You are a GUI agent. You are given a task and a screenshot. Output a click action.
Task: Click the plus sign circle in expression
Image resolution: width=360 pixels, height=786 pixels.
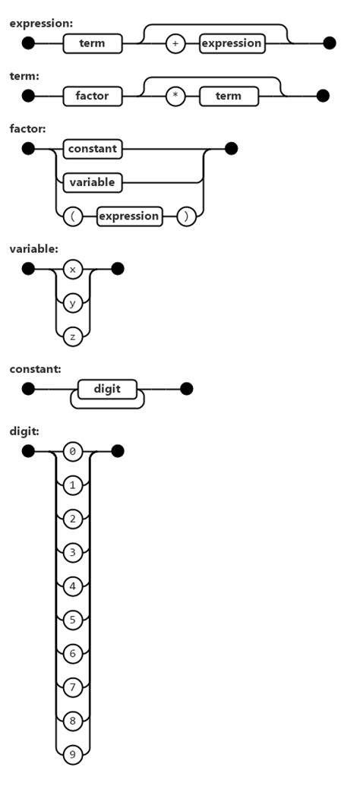click(175, 43)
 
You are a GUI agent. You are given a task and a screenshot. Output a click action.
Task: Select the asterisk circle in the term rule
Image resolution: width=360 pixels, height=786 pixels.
click(175, 96)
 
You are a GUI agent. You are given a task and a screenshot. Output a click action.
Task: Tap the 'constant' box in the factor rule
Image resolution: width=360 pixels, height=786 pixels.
click(93, 149)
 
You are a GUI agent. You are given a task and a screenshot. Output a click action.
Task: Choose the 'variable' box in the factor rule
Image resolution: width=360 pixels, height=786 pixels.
click(92, 182)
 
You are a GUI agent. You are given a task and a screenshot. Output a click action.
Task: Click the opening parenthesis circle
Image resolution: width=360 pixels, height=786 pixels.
click(73, 216)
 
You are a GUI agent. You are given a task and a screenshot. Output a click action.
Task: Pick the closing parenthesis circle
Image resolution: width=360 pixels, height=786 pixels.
click(186, 216)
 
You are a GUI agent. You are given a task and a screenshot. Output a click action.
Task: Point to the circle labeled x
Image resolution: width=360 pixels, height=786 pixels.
click(73, 269)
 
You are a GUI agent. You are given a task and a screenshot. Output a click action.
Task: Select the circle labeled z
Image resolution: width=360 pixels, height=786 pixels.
click(73, 336)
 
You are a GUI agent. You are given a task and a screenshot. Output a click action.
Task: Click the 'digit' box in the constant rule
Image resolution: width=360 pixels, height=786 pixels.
click(107, 390)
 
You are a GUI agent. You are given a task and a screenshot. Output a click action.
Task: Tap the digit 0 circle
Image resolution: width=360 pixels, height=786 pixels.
click(73, 452)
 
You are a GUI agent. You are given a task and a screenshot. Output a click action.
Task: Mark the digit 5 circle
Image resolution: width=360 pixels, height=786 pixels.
click(73, 620)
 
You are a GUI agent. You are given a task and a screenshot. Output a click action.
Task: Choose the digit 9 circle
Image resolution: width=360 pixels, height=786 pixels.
click(73, 754)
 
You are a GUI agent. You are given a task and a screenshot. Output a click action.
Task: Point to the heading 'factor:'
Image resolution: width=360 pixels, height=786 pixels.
click(27, 129)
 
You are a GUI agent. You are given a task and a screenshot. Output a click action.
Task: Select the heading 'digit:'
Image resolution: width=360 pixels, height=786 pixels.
click(24, 431)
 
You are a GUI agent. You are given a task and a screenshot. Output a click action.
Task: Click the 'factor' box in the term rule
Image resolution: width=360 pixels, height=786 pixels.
click(92, 96)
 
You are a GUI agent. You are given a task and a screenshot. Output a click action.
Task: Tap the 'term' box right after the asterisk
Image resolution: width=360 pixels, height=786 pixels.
click(229, 96)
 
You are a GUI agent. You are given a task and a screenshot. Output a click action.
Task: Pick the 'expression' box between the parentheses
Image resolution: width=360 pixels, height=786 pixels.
click(130, 216)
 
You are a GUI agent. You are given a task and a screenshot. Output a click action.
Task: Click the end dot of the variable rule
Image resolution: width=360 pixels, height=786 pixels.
click(117, 269)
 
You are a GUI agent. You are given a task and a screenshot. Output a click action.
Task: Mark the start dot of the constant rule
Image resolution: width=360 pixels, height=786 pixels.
click(28, 390)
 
